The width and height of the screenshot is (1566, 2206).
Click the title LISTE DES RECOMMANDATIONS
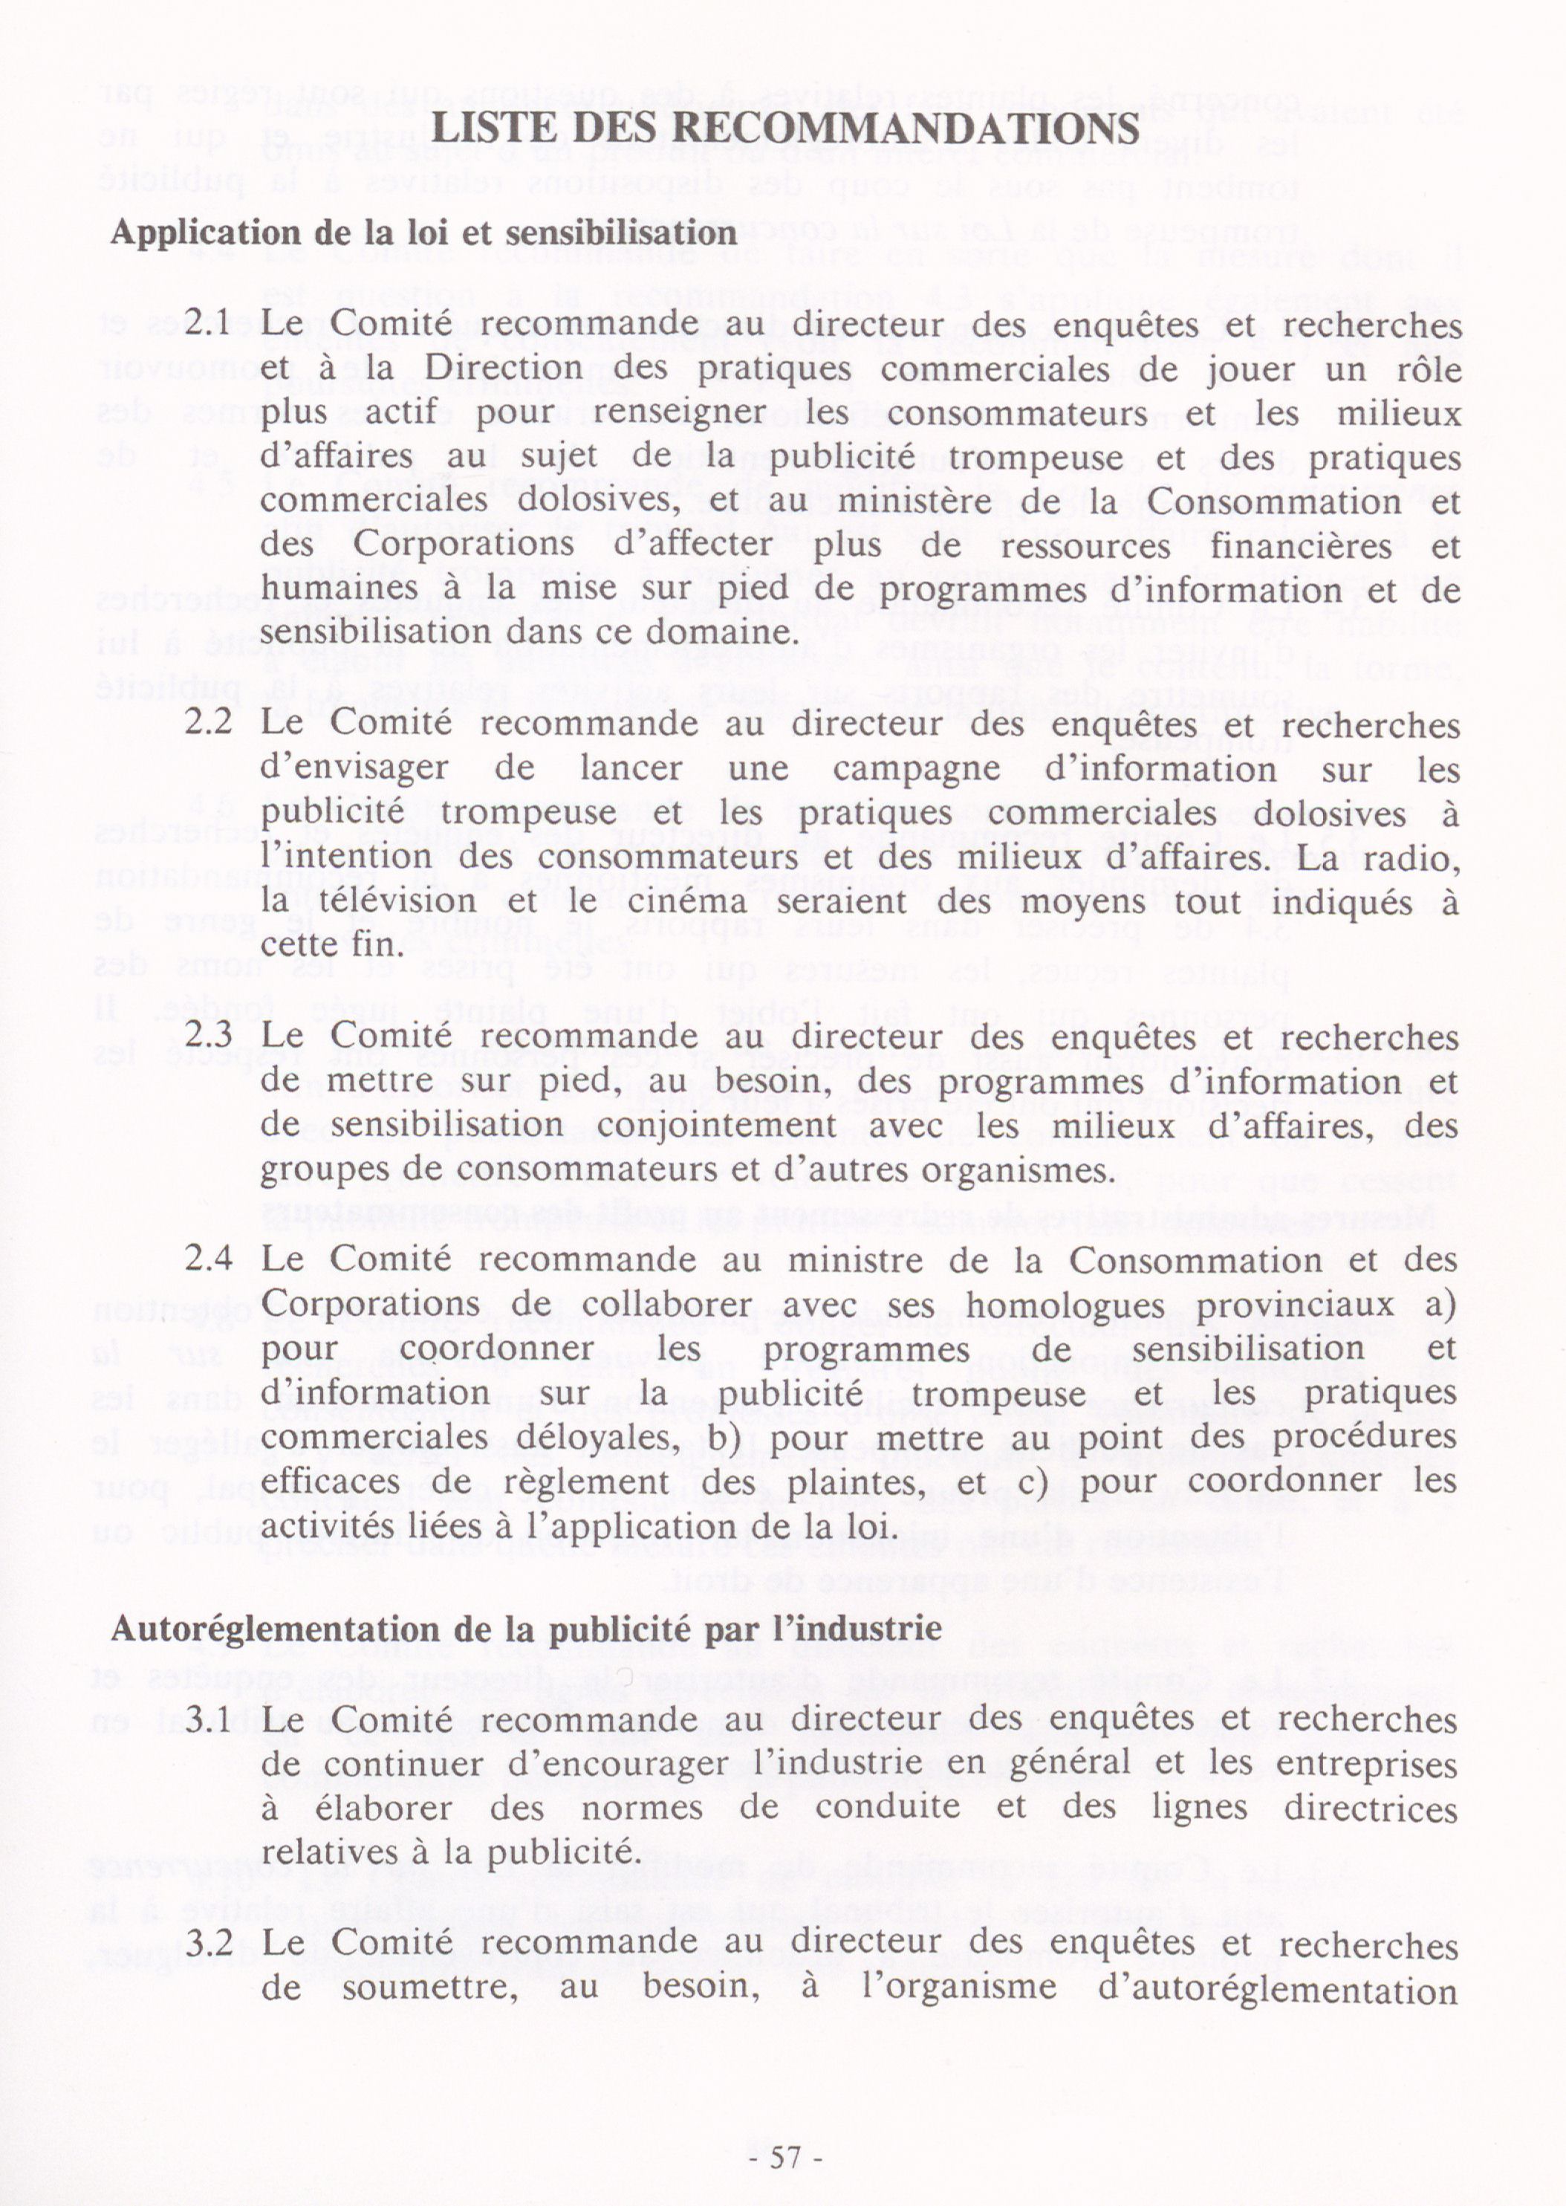786,129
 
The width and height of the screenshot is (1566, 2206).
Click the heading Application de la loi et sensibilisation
424,233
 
